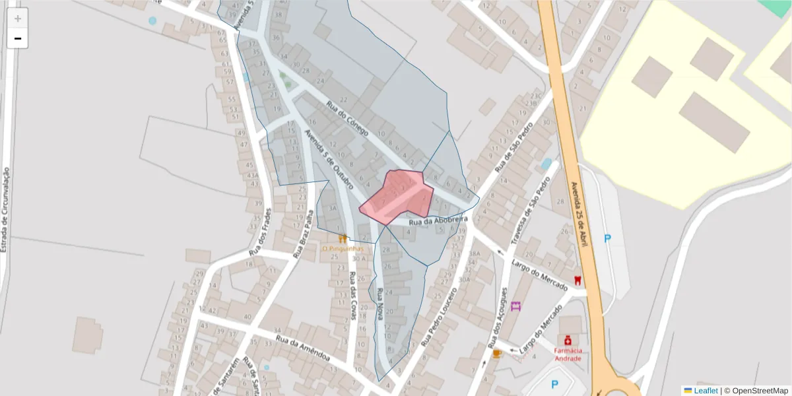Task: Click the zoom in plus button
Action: tap(18, 18)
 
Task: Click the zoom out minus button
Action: tap(18, 39)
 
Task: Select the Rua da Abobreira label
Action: tap(438, 220)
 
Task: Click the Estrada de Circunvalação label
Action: tap(5, 209)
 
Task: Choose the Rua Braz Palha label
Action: tap(303, 235)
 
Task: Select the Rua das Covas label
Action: tap(353, 296)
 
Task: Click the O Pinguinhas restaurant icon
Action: tap(342, 238)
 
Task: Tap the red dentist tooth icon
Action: tap(578, 280)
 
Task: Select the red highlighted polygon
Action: tap(399, 195)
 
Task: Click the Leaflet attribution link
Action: tap(706, 391)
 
